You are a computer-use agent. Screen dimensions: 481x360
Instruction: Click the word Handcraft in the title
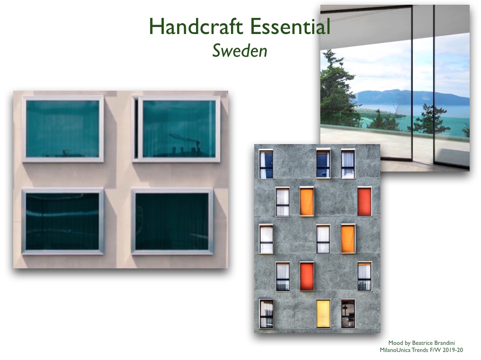tap(196, 26)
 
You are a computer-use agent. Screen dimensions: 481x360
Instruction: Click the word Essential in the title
tap(290, 26)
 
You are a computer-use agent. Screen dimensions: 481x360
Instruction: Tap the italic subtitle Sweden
tap(240, 51)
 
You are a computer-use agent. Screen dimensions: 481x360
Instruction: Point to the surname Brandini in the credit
tap(443, 343)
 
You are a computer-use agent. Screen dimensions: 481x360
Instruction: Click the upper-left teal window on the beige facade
tap(62, 129)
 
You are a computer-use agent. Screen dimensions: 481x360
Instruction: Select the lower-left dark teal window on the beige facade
tap(62, 222)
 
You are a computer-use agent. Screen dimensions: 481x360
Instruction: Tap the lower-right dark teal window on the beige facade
tap(172, 222)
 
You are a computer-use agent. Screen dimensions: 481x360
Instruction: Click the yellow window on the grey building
tap(323, 314)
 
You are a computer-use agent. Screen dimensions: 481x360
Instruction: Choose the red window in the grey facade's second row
tap(364, 202)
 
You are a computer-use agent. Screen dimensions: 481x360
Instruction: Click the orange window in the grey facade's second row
tap(307, 202)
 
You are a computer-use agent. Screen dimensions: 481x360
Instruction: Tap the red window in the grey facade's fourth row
tap(307, 276)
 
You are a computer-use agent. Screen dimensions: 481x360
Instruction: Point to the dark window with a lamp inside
tap(348, 314)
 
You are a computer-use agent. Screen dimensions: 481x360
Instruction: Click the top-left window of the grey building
tap(266, 164)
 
